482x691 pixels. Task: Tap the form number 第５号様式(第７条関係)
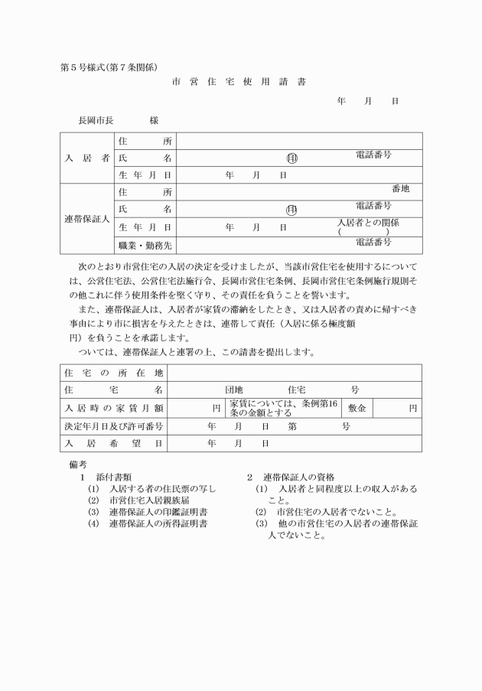pos(109,67)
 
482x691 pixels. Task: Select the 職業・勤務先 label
pos(144,246)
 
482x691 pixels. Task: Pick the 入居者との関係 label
pos(368,223)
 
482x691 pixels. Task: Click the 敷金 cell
pos(357,409)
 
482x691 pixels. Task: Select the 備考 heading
pos(79,464)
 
